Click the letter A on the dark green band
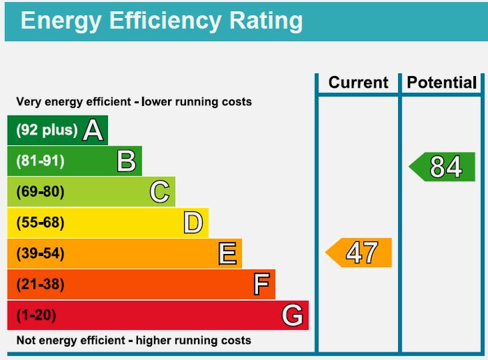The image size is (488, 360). click(x=93, y=130)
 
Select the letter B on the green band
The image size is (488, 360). click(x=126, y=161)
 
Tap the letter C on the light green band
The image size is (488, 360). click(x=160, y=192)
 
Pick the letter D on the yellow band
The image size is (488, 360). click(x=193, y=223)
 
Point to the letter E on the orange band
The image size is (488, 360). click(x=227, y=253)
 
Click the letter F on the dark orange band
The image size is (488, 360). click(x=261, y=284)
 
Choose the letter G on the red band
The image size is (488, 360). click(x=293, y=315)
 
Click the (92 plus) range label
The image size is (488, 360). click(x=47, y=130)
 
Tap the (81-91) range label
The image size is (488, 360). click(x=40, y=161)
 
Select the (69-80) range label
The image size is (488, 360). click(x=40, y=192)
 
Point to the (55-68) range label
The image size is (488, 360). click(x=40, y=223)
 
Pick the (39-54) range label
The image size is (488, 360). click(x=40, y=253)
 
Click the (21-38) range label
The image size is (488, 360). click(x=40, y=284)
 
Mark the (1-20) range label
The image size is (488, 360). click(x=36, y=315)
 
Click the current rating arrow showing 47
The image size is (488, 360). click(x=360, y=253)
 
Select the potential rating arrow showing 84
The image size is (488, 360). click(x=443, y=167)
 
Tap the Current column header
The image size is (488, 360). click(x=358, y=82)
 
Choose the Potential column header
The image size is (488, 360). click(x=442, y=82)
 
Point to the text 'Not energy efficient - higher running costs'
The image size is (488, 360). click(x=133, y=340)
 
